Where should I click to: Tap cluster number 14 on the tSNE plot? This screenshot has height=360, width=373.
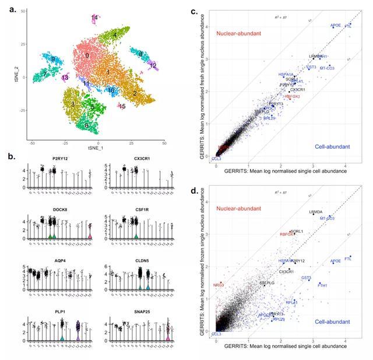coord(94,18)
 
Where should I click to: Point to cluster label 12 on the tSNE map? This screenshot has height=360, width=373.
coord(153,66)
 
